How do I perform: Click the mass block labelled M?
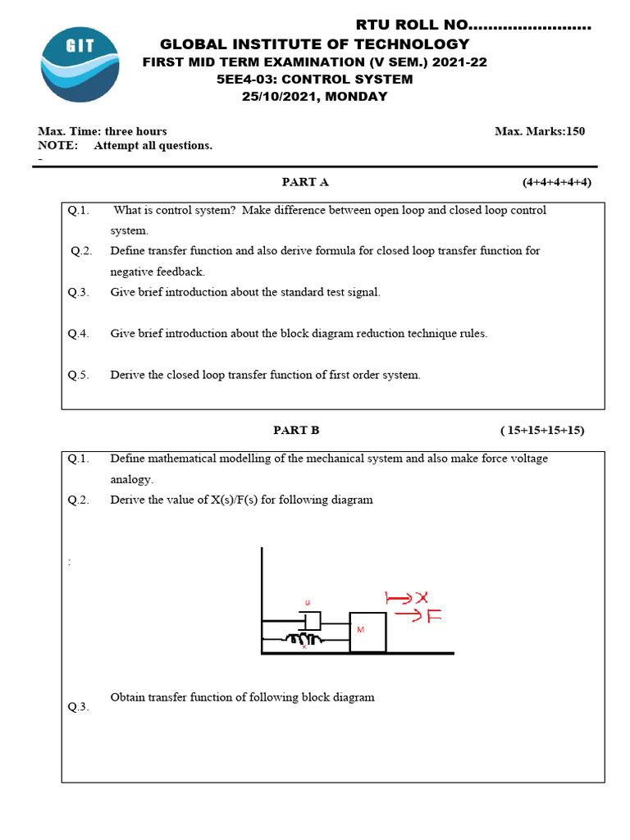pos(367,632)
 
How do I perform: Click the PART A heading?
pos(305,182)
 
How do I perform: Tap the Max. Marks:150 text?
pos(540,131)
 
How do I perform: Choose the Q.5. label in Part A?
pos(79,375)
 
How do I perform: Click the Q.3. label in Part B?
pos(79,707)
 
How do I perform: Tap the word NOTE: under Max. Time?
pos(58,146)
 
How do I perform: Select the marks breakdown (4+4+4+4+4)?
pos(557,182)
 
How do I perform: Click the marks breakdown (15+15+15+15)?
pos(542,430)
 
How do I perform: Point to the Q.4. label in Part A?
pos(79,334)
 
